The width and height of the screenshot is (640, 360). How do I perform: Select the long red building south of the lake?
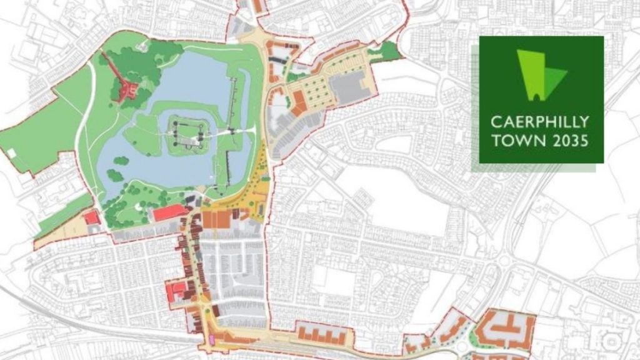[170, 213]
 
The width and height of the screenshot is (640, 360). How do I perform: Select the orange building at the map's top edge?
[257, 6]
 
